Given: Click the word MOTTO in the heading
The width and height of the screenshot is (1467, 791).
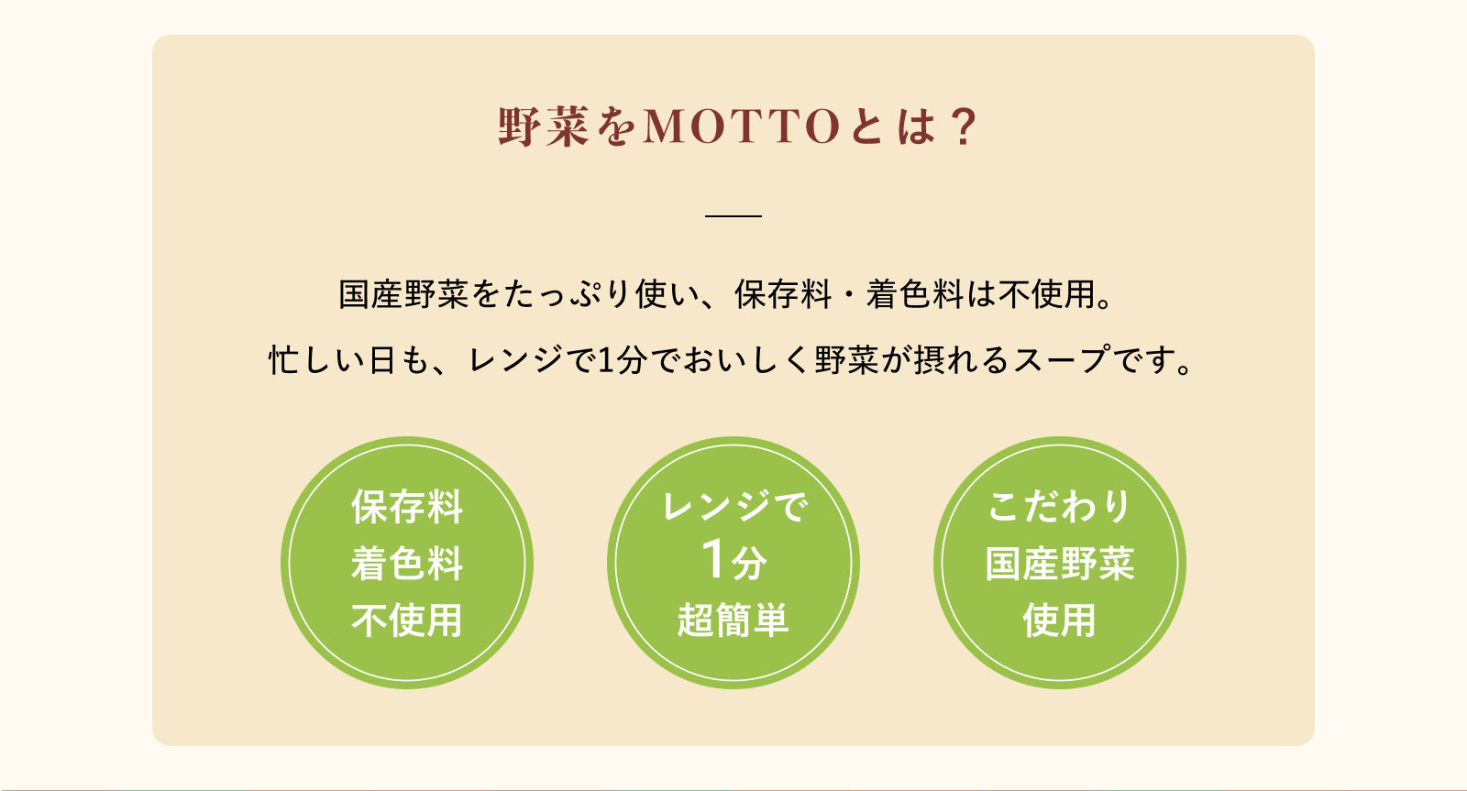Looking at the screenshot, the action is pyautogui.click(x=742, y=126).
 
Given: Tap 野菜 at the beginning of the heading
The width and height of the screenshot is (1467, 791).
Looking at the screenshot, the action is pyautogui.click(x=544, y=126).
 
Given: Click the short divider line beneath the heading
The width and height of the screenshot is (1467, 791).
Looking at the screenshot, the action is pyautogui.click(x=733, y=215).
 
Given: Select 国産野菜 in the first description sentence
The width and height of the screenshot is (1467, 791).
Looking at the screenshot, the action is pyautogui.click(x=403, y=294).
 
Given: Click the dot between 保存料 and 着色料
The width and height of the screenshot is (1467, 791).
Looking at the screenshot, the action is pyautogui.click(x=849, y=294).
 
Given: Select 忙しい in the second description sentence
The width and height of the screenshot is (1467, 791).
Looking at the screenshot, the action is pyautogui.click(x=317, y=360).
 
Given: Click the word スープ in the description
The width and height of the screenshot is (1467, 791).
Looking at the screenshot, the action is pyautogui.click(x=1062, y=360).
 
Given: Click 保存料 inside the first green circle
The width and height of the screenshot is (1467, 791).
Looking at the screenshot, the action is pyautogui.click(x=407, y=507).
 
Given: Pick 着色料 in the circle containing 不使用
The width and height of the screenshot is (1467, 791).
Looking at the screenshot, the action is pyautogui.click(x=407, y=563).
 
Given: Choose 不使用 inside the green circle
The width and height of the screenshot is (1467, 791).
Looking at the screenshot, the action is pyautogui.click(x=407, y=621).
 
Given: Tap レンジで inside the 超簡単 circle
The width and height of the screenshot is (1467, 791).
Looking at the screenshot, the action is pyautogui.click(x=733, y=507).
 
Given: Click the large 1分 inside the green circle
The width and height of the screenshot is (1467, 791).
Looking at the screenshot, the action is pyautogui.click(x=733, y=560).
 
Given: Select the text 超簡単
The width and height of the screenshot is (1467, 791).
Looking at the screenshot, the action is pyautogui.click(x=733, y=621).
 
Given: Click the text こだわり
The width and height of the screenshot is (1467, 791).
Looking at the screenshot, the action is pyautogui.click(x=1060, y=507).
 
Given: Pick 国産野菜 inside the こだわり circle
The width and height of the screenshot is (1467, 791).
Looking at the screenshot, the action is pyautogui.click(x=1060, y=563).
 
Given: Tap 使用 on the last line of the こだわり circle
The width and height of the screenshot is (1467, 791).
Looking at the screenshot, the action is pyautogui.click(x=1060, y=621).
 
